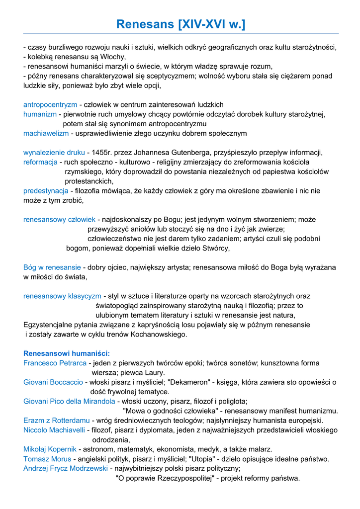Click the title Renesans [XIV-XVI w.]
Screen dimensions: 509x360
[180, 23]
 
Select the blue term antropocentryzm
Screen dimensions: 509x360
[50, 105]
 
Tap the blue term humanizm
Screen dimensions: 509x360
[40, 114]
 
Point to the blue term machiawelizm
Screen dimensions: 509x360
[46, 133]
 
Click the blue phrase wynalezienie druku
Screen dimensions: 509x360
[54, 153]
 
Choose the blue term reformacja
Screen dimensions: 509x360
[40, 162]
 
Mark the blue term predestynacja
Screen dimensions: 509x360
[46, 191]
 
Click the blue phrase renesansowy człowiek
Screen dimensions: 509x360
[59, 220]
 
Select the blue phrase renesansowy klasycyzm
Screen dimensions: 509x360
[62, 296]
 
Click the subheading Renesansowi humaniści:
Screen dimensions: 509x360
[67, 353]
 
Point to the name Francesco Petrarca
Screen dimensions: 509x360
[55, 363]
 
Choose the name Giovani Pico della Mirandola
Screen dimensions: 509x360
[69, 401]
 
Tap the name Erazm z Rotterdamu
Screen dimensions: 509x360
[57, 421]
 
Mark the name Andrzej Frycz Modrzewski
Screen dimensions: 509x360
[66, 468]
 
